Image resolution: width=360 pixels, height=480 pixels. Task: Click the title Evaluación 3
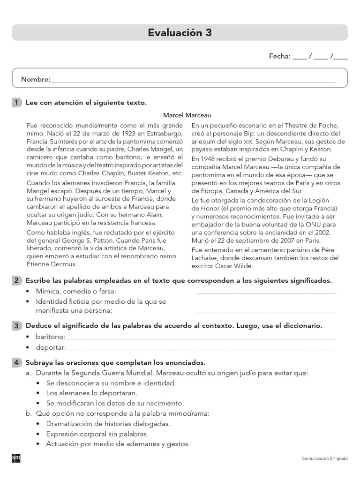180,32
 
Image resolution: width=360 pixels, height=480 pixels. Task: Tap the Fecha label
279,56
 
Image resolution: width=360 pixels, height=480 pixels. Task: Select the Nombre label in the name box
35,80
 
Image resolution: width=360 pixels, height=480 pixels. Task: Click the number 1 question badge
16,102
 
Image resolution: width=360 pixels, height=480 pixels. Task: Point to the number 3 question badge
16,325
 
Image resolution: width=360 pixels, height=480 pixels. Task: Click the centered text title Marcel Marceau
187,115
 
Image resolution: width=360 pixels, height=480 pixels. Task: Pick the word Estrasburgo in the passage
161,133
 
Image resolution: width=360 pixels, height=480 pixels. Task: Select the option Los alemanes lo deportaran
91,393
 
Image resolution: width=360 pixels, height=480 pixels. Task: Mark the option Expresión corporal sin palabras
100,434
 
